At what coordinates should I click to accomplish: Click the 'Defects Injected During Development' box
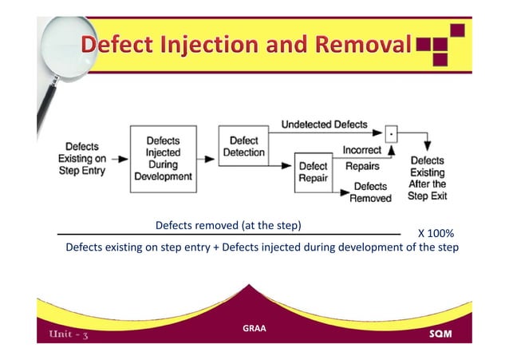tap(163, 159)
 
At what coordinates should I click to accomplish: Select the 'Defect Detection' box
tap(243, 144)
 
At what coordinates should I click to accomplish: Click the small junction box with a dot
tap(390, 133)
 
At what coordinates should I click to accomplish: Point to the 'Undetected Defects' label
tap(324, 125)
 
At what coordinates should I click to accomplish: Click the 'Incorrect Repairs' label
tap(362, 158)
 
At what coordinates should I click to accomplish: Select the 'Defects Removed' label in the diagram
tap(372, 192)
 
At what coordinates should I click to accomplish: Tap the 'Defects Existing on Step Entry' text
tap(84, 159)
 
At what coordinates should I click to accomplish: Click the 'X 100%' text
tap(436, 234)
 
